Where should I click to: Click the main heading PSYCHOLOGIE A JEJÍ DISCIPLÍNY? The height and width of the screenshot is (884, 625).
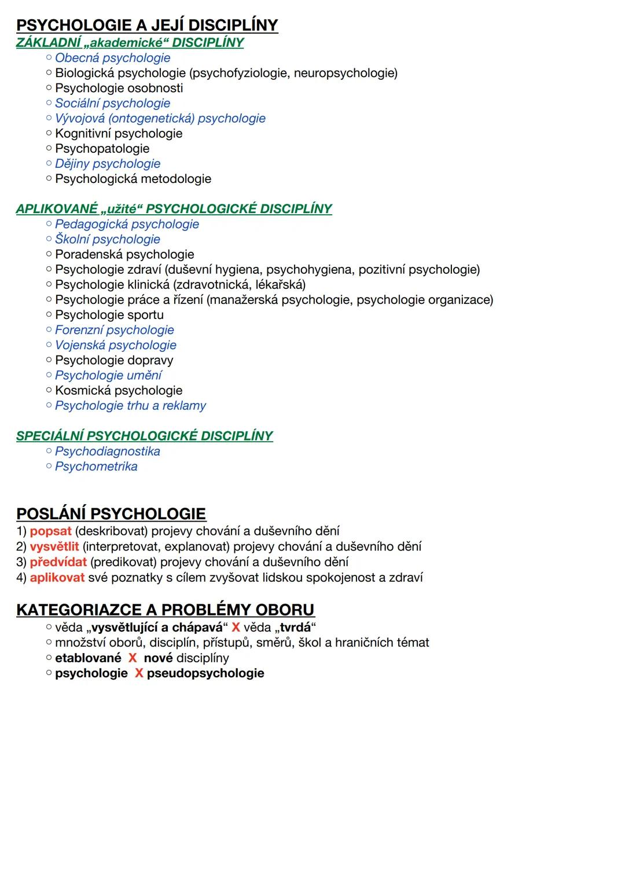coord(147,25)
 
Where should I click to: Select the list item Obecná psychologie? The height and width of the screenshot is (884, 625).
coord(112,58)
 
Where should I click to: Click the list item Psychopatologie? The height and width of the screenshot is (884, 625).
coord(102,149)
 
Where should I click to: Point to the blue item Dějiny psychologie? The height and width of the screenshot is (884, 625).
coord(108,164)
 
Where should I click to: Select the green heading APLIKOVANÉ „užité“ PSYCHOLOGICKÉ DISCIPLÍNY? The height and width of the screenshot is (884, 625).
coord(174,209)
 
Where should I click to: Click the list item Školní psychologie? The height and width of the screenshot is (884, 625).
coord(108,240)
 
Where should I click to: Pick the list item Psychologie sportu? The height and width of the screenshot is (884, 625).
coord(109,315)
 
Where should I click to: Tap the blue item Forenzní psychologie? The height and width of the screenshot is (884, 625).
coord(115,330)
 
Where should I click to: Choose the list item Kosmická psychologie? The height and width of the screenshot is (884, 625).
coord(119,391)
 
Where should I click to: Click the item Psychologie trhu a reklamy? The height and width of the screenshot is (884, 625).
coord(130,406)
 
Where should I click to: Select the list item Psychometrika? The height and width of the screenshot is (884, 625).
coord(96,467)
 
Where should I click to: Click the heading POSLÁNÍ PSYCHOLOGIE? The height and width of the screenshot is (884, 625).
coord(111,514)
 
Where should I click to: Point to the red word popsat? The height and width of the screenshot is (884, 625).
coord(50,531)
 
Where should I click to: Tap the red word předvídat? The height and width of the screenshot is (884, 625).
coord(58,562)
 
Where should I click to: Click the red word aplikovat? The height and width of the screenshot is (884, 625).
coord(57,578)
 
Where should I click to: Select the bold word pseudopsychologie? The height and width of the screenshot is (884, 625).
coord(205,673)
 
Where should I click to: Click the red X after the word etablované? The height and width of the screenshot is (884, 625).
coord(133,658)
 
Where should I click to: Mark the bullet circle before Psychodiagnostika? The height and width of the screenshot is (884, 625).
coord(49,452)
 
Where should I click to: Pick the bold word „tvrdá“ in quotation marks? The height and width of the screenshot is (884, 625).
coord(296,628)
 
